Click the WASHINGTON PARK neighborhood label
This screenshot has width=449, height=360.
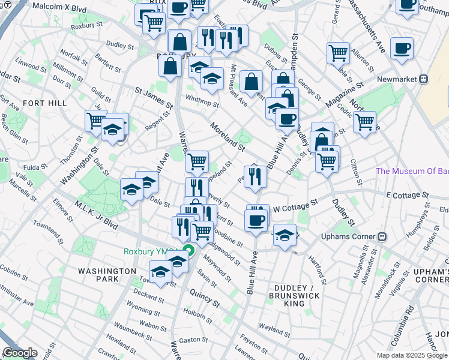[x=107, y=275]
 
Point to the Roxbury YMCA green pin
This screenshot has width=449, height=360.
[x=188, y=251]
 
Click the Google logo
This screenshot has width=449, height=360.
[x=19, y=353]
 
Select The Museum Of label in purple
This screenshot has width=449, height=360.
[x=412, y=171]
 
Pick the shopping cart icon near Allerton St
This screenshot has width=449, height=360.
[x=339, y=53]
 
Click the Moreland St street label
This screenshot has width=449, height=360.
[x=228, y=137]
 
